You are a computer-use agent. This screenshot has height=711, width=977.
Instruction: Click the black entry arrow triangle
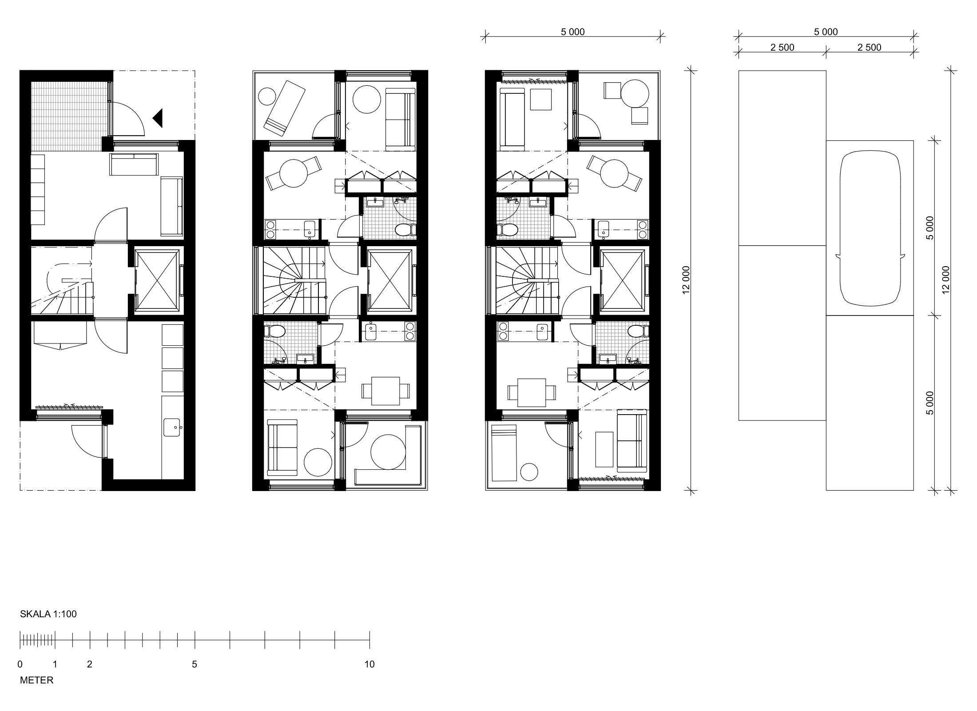coord(158,118)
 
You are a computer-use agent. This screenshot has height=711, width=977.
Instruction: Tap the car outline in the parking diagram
coord(870,228)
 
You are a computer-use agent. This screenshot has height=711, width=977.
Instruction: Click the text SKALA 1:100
coord(48,614)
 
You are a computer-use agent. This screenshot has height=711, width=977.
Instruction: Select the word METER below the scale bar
coord(37,680)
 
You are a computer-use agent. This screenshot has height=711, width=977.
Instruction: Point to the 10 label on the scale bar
coord(369,664)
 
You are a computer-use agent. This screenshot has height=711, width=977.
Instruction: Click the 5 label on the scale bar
coord(195,664)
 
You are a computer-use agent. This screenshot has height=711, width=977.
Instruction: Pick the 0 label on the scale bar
coord(20,664)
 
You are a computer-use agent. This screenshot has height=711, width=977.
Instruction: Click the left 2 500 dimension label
coord(782,48)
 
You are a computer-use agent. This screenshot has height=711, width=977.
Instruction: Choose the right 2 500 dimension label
coord(869,48)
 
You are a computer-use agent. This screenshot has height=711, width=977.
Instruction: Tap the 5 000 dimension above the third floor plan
coord(573,32)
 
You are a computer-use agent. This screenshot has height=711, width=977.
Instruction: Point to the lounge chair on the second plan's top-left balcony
coord(284,108)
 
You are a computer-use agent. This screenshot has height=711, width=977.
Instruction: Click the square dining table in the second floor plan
coord(385,391)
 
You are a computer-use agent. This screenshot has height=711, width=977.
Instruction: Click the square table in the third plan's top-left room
coord(541,100)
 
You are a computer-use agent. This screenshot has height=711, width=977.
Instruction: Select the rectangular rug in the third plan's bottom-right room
coord(604,449)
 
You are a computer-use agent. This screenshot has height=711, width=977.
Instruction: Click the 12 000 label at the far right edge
coord(945,280)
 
